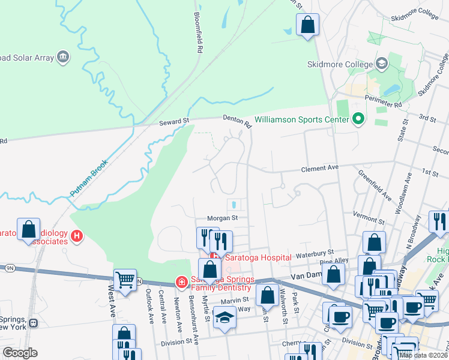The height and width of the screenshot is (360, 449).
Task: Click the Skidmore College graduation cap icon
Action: [x=381, y=64]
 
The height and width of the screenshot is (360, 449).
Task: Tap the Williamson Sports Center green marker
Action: [x=358, y=119]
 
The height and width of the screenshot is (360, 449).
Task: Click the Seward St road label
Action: [x=174, y=121]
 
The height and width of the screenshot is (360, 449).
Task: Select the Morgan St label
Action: [x=223, y=218]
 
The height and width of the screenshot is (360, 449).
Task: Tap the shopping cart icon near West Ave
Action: [x=125, y=280]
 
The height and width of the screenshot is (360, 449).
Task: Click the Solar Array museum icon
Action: [x=63, y=58]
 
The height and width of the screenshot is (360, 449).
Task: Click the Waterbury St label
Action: [x=315, y=254]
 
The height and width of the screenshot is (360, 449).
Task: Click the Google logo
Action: [x=20, y=353]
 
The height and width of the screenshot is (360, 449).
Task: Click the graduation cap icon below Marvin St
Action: [x=225, y=317]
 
